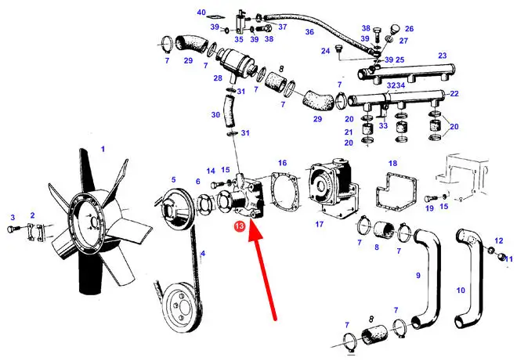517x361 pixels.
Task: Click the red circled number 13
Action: (x=239, y=226)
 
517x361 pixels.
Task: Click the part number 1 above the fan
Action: (x=103, y=150)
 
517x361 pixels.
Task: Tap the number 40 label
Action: (x=201, y=13)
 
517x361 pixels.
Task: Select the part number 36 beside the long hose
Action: (x=309, y=32)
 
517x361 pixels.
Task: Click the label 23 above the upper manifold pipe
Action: (x=442, y=56)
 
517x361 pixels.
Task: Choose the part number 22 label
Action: (x=454, y=94)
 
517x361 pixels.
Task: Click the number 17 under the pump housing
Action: (x=319, y=225)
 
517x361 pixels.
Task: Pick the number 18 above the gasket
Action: (x=392, y=164)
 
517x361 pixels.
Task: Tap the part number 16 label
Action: (x=282, y=163)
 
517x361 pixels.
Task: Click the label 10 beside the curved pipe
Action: (x=461, y=291)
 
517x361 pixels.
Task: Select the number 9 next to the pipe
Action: (x=418, y=275)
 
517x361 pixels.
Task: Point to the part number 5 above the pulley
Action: (x=173, y=180)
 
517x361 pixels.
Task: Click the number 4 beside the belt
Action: (x=203, y=254)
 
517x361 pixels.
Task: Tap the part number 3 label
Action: (x=13, y=218)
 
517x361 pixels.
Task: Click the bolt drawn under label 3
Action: (x=13, y=228)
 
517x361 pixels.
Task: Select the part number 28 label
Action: (x=218, y=78)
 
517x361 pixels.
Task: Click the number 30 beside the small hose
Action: (x=215, y=115)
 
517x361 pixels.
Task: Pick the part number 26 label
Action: (x=409, y=29)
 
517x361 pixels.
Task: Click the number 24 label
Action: (x=325, y=51)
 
